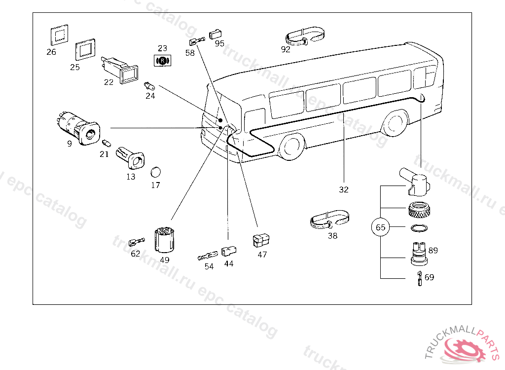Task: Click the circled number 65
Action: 380,227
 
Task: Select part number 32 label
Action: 344,189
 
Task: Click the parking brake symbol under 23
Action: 163,61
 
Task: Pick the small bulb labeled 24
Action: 149,86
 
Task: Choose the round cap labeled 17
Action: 155,172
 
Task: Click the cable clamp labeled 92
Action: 305,37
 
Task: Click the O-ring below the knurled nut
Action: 419,228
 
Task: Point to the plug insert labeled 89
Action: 418,254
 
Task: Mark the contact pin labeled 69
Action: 419,279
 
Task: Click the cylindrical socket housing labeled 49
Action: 164,240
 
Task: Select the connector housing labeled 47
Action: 261,240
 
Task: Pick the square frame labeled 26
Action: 60,35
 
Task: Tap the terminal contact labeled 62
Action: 137,242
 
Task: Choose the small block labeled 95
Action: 215,34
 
